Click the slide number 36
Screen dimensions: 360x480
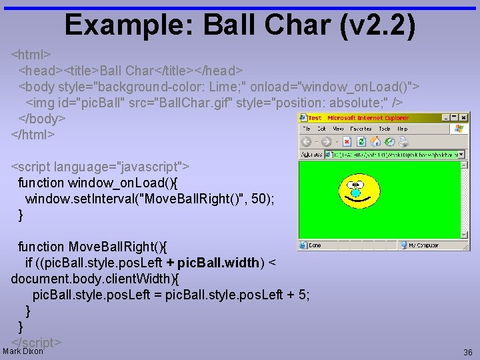[x=467, y=352]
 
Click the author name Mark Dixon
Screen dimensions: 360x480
[x=23, y=351]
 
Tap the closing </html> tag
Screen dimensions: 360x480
[x=33, y=134]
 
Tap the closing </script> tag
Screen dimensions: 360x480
[x=37, y=342]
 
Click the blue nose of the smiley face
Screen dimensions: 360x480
[x=355, y=193]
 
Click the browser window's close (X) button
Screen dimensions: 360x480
[x=465, y=117]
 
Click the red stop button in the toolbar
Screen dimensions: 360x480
[x=348, y=141]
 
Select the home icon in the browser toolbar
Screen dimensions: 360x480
[x=375, y=141]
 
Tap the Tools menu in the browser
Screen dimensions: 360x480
[x=385, y=129]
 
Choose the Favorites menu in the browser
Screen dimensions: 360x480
[x=361, y=129]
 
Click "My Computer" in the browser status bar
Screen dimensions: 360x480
[x=424, y=245]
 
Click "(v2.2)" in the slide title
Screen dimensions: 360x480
[x=377, y=25]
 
